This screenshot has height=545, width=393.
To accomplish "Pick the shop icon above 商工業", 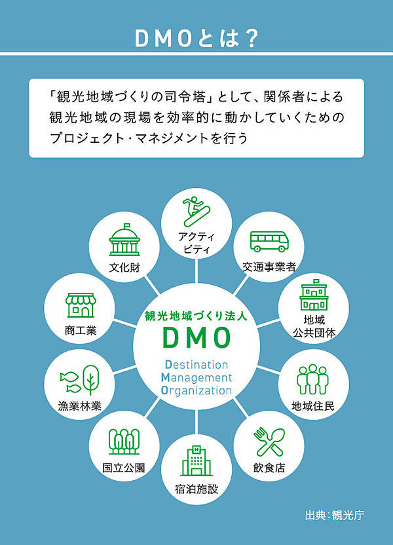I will [80, 305].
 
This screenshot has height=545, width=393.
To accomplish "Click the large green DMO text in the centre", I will [196, 338].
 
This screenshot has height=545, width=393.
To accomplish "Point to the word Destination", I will [196, 365].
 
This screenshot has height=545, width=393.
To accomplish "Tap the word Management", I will [196, 378].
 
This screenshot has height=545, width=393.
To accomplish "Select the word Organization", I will [196, 391].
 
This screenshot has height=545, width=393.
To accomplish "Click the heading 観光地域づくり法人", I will [196, 315].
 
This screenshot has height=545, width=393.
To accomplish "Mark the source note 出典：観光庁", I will [335, 514].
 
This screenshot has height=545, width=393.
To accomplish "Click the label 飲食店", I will [269, 468].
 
